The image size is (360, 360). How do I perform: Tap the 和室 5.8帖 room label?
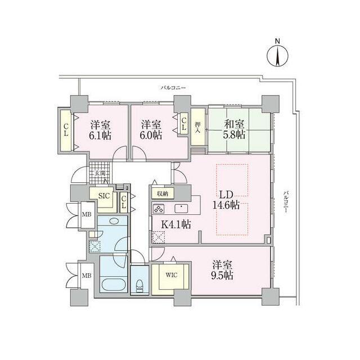(x=234, y=129)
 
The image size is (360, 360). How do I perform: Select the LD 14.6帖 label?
(x=226, y=200)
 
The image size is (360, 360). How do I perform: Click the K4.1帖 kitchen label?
(x=176, y=224)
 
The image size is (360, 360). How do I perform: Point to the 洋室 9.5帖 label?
(x=222, y=270)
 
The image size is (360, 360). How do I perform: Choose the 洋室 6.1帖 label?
(x=100, y=130)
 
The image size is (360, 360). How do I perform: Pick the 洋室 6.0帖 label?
(x=151, y=130)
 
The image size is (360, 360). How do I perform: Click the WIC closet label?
(x=171, y=275)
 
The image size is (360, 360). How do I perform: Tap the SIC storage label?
(x=104, y=196)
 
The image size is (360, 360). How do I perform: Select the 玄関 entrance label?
(x=100, y=173)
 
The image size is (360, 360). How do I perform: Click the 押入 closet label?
(x=197, y=128)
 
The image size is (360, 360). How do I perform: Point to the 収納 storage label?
(x=163, y=193)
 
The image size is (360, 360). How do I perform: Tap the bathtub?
(x=114, y=285)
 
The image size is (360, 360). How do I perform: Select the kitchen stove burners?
(x=159, y=209)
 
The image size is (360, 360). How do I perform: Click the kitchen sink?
(x=181, y=209)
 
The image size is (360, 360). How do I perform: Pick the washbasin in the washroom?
(x=114, y=221)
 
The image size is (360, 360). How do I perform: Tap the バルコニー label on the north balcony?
(x=173, y=88)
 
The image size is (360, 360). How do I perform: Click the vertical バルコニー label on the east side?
(x=285, y=201)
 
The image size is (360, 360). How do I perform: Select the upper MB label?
(x=87, y=214)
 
